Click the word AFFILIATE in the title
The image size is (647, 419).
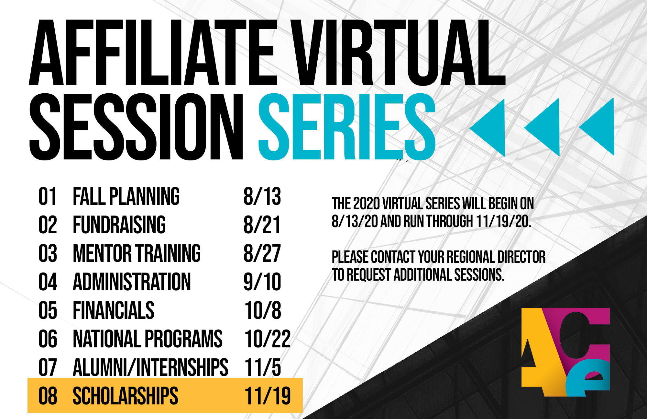tap(153, 52)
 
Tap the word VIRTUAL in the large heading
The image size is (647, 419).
tap(398, 52)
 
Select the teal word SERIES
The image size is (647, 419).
tap(347, 127)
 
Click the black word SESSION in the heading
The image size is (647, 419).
tap(136, 127)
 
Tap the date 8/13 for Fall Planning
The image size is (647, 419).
tap(262, 196)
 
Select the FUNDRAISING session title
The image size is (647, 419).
tap(119, 225)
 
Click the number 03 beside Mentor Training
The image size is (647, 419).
tap(48, 253)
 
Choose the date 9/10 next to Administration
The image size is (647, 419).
tap(262, 282)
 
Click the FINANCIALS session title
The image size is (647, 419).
tap(114, 310)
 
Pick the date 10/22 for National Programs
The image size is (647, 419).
tap(268, 339)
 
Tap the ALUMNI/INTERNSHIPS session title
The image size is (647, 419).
tap(150, 367)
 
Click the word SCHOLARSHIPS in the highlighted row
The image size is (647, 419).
tap(126, 396)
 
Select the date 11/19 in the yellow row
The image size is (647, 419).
tap(268, 396)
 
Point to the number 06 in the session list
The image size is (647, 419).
tap(48, 339)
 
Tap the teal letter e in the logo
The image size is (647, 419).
tap(587, 378)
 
